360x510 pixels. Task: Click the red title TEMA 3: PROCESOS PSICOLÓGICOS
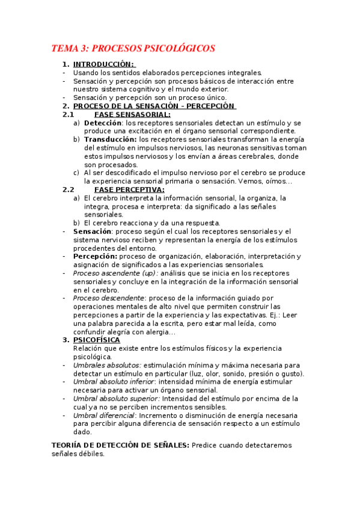coord(133,48)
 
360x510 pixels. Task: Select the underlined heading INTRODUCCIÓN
coord(103,64)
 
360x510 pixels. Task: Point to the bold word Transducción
coord(110,140)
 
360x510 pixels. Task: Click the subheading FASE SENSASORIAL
coord(132,114)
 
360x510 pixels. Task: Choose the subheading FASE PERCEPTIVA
coord(129,190)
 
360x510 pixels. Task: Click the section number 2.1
coord(68,114)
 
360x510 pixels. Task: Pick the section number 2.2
coord(68,190)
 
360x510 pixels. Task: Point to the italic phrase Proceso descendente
coord(109,298)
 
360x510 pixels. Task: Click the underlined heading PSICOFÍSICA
coord(96,340)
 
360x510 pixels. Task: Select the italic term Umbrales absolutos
coord(107,365)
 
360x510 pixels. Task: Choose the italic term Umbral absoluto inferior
coord(113,382)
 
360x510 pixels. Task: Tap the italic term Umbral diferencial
coord(104,416)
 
